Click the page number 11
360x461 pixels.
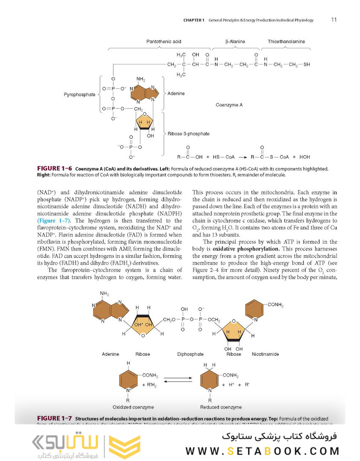[x=334, y=20]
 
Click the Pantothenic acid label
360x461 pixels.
[x=164, y=42]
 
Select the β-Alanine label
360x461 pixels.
[x=235, y=42]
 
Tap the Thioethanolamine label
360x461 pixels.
[x=286, y=42]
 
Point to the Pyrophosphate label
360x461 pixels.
[x=79, y=95]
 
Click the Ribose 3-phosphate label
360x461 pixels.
[x=189, y=134]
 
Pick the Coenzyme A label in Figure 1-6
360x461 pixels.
[x=229, y=105]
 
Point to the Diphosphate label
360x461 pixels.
[x=190, y=354]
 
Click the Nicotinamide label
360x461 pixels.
[x=265, y=354]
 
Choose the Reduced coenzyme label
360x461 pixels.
[x=221, y=407]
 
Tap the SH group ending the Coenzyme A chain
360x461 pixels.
[x=307, y=65]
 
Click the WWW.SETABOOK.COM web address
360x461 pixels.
[x=262, y=451]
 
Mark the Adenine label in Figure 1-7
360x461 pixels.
[x=110, y=354]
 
